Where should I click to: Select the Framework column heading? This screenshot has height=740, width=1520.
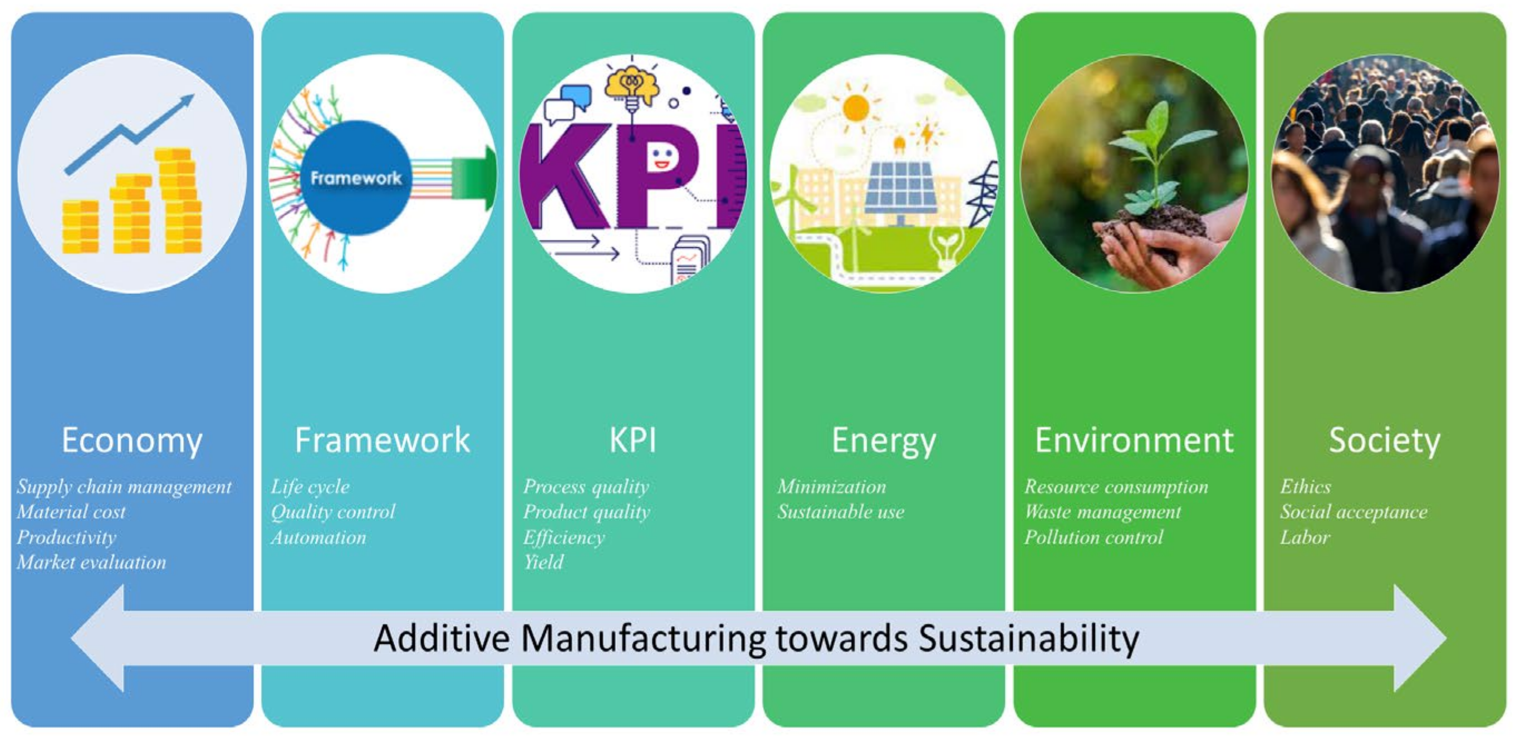pos(383,440)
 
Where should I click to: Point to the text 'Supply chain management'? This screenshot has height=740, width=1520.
pos(125,487)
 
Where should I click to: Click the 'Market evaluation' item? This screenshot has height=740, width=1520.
pos(91,562)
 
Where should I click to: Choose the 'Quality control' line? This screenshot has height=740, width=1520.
pos(334,512)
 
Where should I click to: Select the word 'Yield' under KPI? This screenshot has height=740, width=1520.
pos(543,562)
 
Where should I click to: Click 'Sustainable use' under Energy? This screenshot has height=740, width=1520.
pos(841,512)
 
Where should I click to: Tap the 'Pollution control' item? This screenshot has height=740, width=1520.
pos(1094,537)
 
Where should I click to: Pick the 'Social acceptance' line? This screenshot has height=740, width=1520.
pos(1354,512)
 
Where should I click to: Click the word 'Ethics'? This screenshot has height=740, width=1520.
pos(1305,487)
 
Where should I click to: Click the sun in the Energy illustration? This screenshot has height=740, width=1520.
pos(856,108)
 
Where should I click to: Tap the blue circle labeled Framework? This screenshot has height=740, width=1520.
pos(356,178)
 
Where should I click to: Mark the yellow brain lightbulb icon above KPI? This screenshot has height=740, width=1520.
pos(631,86)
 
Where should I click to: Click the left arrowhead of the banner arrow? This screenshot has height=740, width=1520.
pos(97,638)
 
